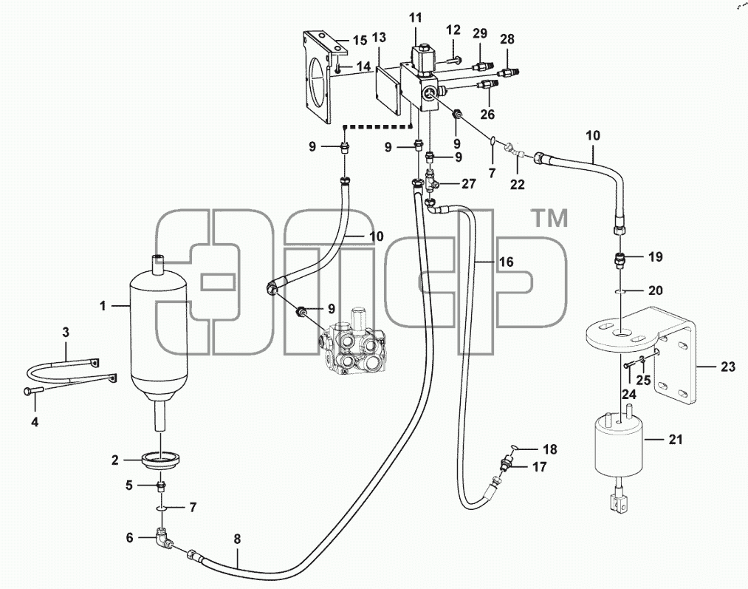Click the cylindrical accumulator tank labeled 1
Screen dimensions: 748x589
159,334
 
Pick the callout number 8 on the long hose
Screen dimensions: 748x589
237,539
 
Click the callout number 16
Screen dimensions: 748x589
506,262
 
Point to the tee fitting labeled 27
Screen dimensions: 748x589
432,183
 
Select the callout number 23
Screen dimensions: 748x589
728,367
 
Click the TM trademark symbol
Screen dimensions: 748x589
549,218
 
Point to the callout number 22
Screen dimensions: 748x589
517,184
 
